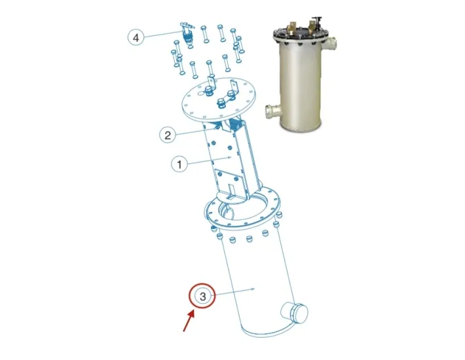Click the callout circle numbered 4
(136, 37)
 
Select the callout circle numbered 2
(168, 135)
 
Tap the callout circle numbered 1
(179, 164)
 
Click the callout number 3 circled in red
(202, 296)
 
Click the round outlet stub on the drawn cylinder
(295, 313)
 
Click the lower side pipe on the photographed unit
(272, 111)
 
